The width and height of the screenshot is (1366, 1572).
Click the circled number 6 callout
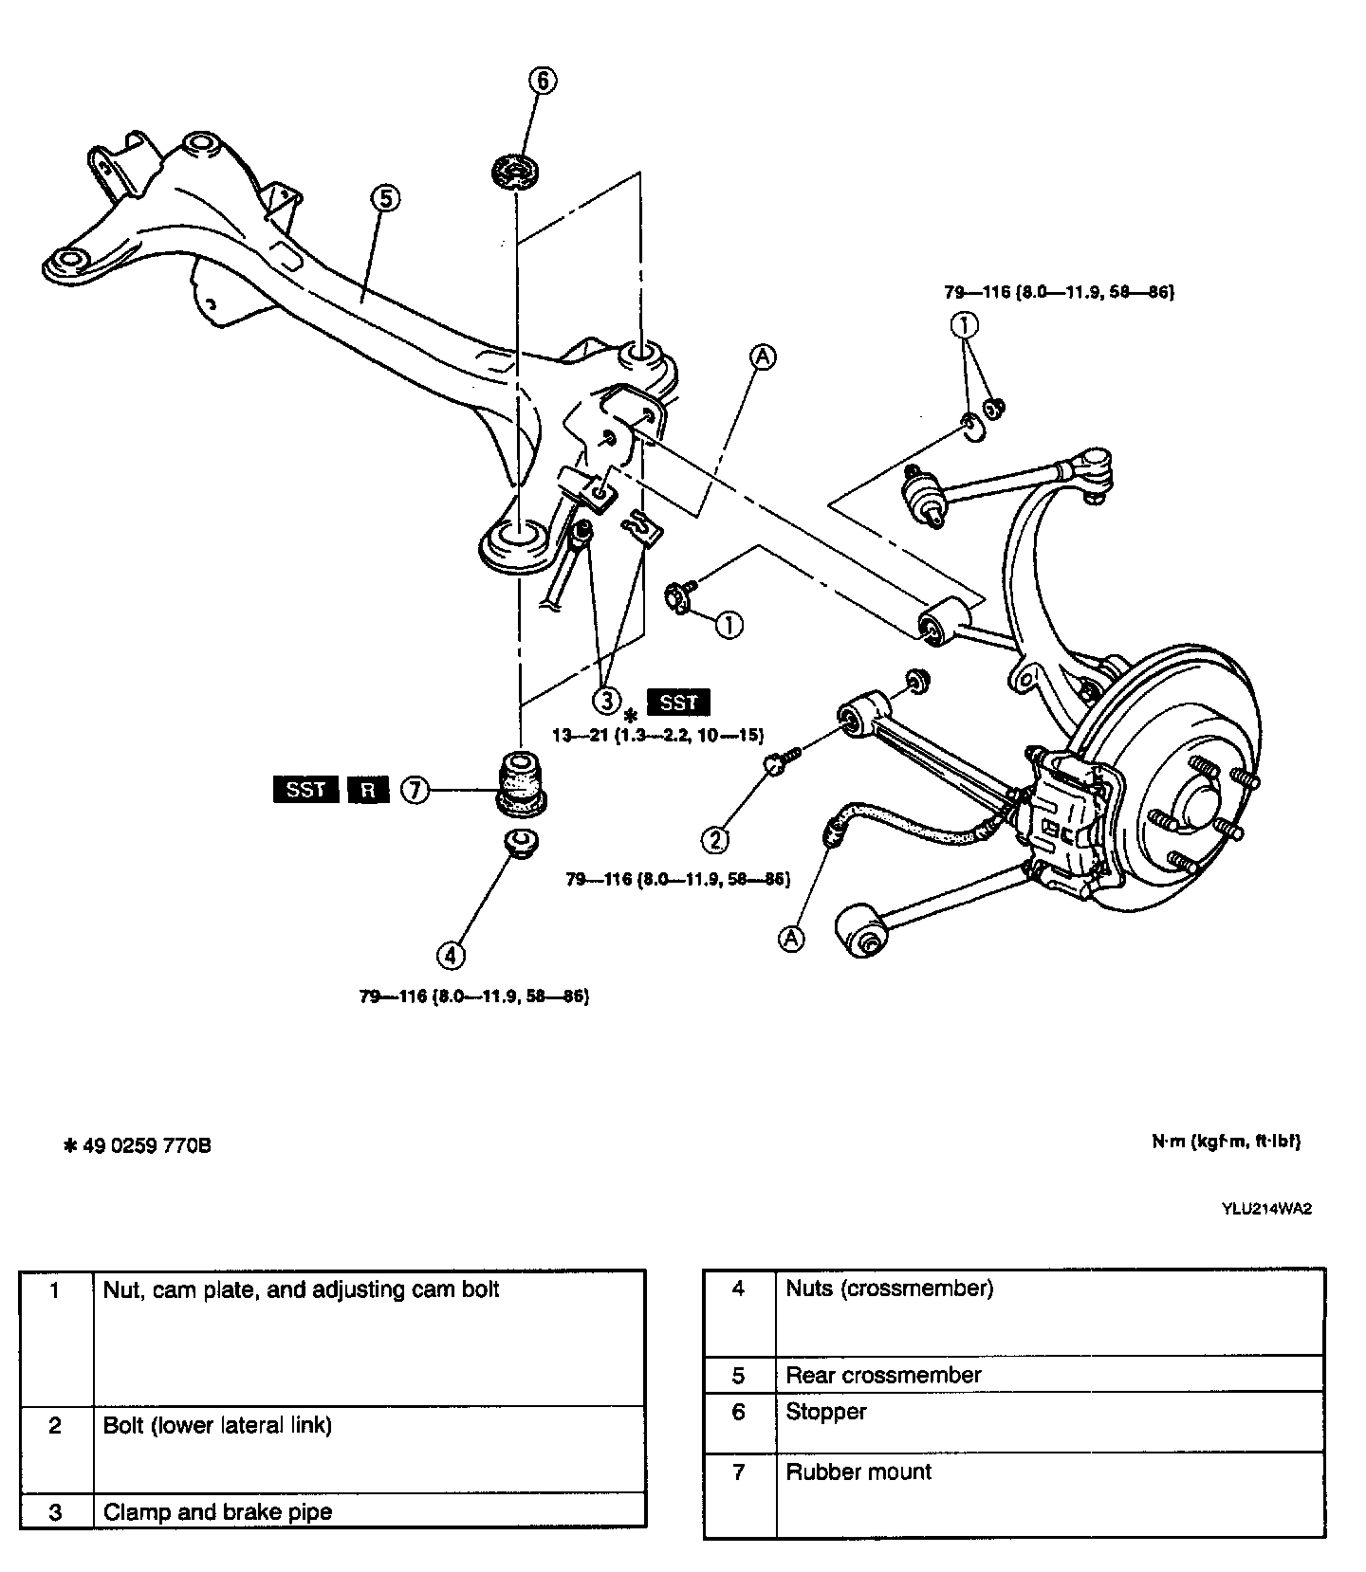coord(543,81)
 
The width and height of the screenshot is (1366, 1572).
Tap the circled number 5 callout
coord(385,198)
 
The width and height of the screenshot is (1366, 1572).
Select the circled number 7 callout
coord(415,789)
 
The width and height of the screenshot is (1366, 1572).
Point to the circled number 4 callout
coord(451,954)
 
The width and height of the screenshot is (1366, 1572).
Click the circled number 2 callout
coord(715,838)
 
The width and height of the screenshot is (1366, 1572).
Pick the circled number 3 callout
coord(606,701)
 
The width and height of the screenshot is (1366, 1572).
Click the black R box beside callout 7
coord(367,789)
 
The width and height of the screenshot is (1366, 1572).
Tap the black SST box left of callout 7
coord(305,789)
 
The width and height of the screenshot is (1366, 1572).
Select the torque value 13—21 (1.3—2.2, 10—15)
coord(658,735)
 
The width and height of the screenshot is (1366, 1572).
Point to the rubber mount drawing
coord(520,780)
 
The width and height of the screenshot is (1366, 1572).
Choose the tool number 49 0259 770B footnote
coord(137,1146)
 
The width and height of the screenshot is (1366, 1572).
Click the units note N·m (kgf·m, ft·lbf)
coord(1226,1142)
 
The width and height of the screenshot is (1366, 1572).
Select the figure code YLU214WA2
coord(1266,1209)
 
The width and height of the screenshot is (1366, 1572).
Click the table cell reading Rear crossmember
coord(883,1375)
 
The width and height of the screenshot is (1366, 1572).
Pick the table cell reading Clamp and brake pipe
coord(217,1511)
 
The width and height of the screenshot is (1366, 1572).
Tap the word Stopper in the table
coord(826,1412)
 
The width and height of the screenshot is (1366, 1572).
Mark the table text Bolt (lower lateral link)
coord(217,1425)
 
